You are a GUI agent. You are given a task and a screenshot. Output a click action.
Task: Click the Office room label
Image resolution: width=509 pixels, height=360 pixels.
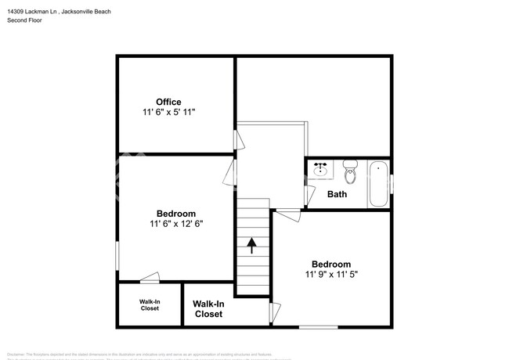coord(168,102)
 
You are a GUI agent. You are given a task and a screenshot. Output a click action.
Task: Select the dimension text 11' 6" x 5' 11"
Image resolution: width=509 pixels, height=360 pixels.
coord(168,113)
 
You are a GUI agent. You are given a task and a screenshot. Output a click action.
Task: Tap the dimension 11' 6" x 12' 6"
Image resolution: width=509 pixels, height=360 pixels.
coord(176,225)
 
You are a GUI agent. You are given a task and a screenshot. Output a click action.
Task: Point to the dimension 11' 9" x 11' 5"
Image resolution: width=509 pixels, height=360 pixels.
coord(332,275)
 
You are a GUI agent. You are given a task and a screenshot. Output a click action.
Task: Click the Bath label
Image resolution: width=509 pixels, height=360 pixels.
coord(338,194)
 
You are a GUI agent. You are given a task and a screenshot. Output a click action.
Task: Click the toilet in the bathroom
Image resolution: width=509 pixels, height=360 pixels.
coord(350,171)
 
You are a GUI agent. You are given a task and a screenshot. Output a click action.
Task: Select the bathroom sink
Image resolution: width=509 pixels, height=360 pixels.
coord(320,169)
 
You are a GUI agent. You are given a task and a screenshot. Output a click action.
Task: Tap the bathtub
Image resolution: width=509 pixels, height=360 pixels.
coord(378,183)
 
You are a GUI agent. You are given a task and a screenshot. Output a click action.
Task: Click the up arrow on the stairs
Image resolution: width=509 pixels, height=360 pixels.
coord(252,247)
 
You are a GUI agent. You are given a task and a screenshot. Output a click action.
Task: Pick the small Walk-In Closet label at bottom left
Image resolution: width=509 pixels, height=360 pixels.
coord(150,304)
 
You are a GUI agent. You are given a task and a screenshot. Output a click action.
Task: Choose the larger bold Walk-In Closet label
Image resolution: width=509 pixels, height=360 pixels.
coord(208,308)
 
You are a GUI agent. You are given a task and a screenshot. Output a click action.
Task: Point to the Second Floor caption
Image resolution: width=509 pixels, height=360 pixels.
coord(24,20)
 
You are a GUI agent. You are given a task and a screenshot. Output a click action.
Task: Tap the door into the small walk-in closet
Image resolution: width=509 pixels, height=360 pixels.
coord(150,278)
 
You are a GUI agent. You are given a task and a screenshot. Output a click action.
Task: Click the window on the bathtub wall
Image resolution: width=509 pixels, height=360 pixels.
coord(391,183)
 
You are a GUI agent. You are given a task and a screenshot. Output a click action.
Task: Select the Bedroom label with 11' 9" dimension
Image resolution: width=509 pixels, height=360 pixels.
coord(331,264)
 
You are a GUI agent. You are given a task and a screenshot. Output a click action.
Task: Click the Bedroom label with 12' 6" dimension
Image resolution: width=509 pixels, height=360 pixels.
coord(176,214)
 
